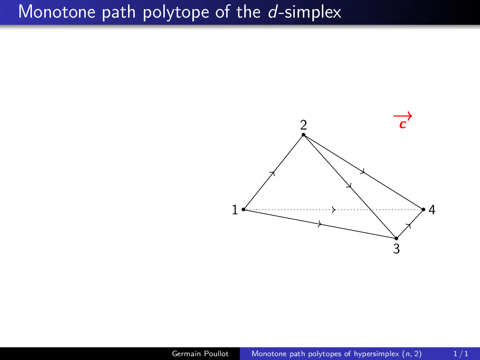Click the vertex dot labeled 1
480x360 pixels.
[x=243, y=210]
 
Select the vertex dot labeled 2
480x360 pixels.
[x=303, y=135]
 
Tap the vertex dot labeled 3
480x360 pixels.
[x=396, y=238]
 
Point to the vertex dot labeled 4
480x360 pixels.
[x=423, y=210]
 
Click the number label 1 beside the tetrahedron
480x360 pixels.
[x=235, y=210]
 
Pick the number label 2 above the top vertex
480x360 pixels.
[x=303, y=125]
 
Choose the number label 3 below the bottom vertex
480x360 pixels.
[x=396, y=249]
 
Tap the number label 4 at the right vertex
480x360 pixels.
[x=432, y=210]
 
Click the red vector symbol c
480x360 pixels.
[x=403, y=121]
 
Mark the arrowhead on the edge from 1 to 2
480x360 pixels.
[x=273, y=173]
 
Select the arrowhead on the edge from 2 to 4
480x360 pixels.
[x=362, y=171]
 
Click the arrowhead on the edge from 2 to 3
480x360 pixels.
[x=349, y=186]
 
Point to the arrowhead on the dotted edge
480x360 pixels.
[x=334, y=210]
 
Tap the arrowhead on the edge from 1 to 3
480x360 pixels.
[x=320, y=224]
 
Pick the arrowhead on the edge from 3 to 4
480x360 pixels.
[x=409, y=225]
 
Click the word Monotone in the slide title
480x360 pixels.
[x=57, y=12]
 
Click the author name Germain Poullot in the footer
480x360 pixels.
[x=200, y=353]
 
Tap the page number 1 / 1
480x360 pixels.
[x=461, y=353]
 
